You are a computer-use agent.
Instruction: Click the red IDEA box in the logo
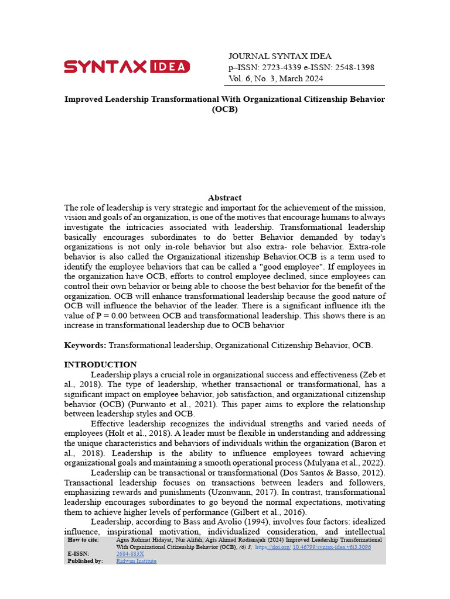pos(169,67)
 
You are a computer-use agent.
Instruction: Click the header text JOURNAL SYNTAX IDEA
pos(279,56)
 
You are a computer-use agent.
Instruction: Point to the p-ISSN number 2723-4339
pos(275,67)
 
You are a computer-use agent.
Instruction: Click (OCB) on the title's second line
pos(224,109)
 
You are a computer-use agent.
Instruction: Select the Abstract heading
pos(224,198)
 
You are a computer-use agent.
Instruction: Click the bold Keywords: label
pos(85,346)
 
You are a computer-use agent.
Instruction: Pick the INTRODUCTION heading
pos(100,364)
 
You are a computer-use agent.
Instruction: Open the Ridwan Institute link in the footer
pos(137,560)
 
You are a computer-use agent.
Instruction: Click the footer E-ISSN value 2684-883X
pos(130,553)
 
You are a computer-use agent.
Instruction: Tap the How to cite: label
pos(83,539)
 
